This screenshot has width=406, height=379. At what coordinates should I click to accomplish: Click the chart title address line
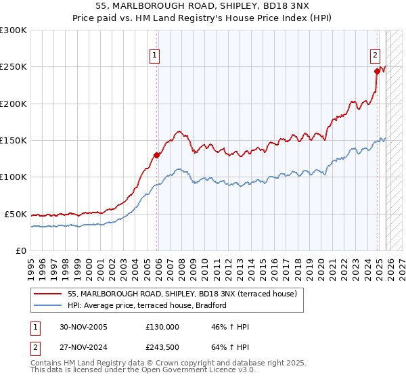pos(203,6)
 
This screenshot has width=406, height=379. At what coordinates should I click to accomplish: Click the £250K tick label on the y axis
pos(14,67)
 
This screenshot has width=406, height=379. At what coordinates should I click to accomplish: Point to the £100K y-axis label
pos(14,177)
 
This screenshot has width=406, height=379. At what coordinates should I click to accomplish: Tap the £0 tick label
pos(22,250)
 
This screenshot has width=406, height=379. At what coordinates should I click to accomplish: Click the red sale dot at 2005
pos(156,155)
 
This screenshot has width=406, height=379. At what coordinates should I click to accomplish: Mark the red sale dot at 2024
pos(376,71)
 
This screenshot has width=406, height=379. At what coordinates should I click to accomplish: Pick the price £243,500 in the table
pos(162,349)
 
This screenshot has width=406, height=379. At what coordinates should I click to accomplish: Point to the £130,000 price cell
pos(162,327)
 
